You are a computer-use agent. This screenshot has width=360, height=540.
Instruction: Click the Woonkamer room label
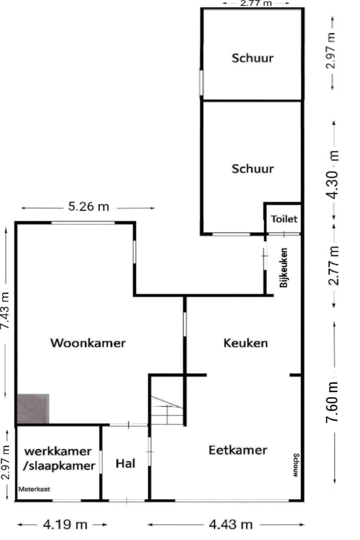coord(87,343)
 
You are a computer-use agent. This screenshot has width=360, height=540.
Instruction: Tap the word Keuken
coord(245,343)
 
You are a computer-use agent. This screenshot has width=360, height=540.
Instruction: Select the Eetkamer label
coord(237,449)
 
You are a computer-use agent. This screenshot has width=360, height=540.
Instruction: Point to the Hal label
coord(125,463)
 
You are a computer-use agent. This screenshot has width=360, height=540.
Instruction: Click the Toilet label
coord(284,218)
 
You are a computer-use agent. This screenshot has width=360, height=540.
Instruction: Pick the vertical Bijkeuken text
coord(284,267)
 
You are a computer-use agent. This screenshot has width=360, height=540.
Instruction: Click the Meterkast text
coord(34,489)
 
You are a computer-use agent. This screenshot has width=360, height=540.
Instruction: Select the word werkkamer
coord(58,451)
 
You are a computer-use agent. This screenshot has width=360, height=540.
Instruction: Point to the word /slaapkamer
coord(59,466)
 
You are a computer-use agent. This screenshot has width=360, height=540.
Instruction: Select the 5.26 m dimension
coord(88,206)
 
